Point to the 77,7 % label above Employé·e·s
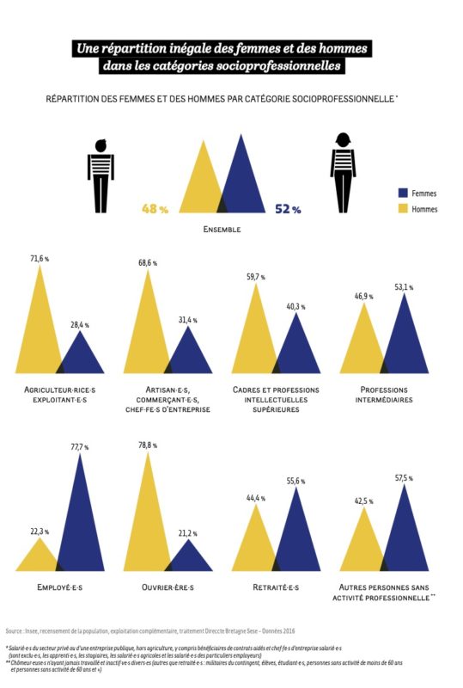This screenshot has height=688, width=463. pos(80,446)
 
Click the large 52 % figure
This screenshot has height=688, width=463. pos(288,209)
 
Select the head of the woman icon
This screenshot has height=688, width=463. pos(344,140)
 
